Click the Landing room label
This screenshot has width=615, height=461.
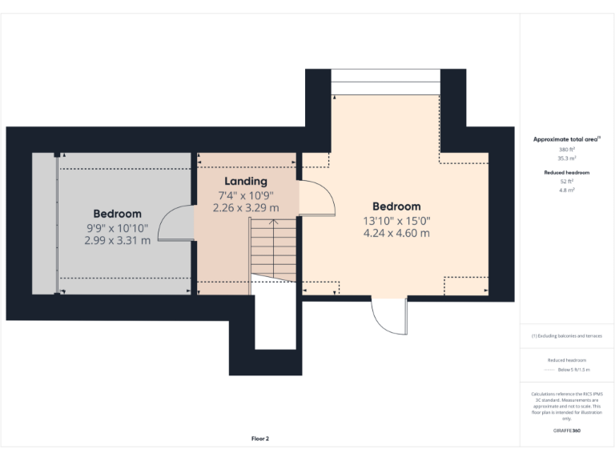[246, 182]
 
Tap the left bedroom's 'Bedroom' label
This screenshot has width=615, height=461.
[117, 214]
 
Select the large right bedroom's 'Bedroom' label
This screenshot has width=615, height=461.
[396, 206]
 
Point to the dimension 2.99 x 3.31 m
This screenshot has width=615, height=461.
[117, 240]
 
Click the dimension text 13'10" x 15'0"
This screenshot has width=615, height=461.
[396, 220]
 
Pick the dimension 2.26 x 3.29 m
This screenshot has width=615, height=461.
[246, 207]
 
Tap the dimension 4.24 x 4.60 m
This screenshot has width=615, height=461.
[396, 234]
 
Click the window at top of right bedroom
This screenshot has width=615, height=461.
[386, 81]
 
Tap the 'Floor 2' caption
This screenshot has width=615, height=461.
[260, 439]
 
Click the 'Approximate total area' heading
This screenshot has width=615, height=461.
[567, 139]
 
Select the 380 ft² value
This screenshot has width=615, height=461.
[567, 150]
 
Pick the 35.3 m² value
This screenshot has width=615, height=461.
[567, 158]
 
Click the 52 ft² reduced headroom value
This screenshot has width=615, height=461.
[567, 182]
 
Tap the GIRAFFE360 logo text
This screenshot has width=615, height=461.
[567, 431]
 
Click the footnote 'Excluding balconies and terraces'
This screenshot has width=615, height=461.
[567, 336]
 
